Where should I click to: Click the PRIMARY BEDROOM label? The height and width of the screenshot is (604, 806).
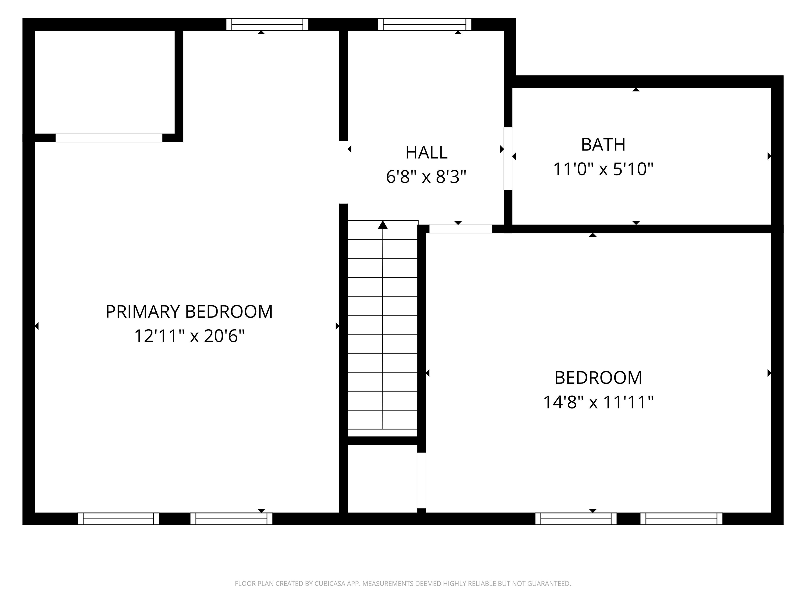point(189,312)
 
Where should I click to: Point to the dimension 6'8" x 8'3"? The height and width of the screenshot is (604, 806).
point(426,177)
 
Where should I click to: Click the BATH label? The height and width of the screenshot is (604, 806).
point(603,144)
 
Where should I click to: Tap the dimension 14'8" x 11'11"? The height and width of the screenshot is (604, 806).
point(598,402)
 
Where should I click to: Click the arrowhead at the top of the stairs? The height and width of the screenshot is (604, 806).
point(383,225)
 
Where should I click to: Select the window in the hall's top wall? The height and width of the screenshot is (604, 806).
point(424,24)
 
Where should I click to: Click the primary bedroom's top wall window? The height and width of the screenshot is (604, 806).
point(267,24)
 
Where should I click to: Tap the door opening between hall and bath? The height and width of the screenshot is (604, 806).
point(508,158)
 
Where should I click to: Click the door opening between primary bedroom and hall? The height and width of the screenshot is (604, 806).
point(343,172)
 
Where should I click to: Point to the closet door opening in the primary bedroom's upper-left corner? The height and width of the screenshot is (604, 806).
point(109,138)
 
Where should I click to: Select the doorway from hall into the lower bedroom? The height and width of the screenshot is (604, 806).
point(460,229)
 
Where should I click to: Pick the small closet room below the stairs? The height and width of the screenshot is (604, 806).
point(382,478)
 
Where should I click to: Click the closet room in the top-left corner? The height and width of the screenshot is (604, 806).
point(105,82)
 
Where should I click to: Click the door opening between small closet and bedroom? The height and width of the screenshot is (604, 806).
point(421,480)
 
